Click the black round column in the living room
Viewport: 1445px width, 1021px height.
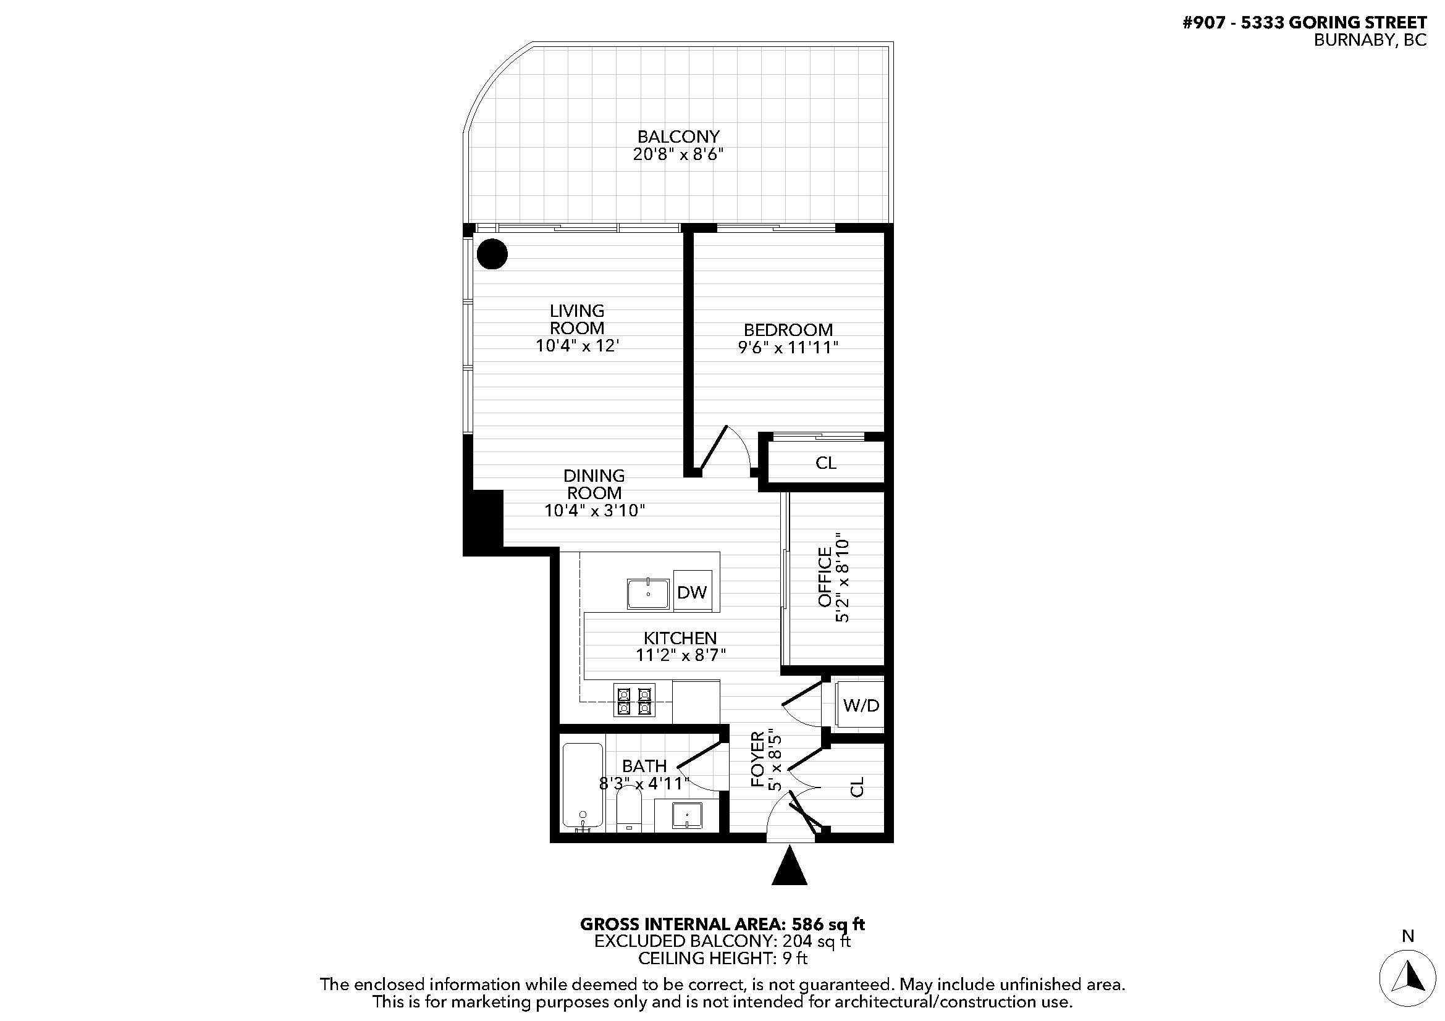point(492,254)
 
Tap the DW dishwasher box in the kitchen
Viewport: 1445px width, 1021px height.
point(692,591)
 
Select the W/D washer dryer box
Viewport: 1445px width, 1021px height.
point(861,705)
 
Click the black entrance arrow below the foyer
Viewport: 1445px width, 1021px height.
point(789,867)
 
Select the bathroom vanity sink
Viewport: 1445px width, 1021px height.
point(686,815)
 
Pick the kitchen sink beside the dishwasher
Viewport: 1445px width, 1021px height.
point(648,593)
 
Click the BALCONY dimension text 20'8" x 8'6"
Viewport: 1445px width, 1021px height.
point(678,155)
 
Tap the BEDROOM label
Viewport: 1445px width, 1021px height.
point(788,330)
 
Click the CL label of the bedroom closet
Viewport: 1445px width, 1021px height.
point(825,463)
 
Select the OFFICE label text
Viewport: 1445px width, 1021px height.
point(825,577)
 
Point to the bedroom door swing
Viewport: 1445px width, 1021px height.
point(724,450)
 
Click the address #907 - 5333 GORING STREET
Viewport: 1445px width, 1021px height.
point(1305,23)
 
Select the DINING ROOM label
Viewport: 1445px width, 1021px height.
point(594,484)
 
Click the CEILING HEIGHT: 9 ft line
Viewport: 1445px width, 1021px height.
point(722,958)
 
